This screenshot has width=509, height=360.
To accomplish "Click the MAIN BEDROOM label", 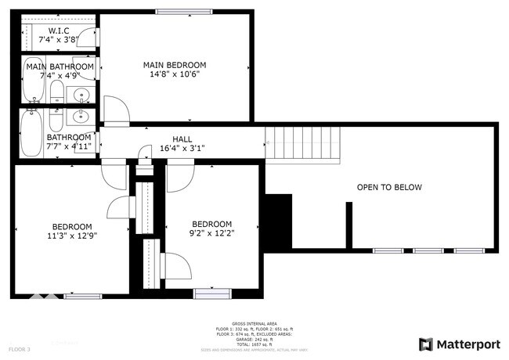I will [x=174, y=65].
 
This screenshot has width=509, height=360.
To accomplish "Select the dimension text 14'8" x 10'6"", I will [x=174, y=75].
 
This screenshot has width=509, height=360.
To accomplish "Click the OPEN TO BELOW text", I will [x=389, y=187].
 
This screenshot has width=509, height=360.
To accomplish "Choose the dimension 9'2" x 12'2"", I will [x=212, y=232].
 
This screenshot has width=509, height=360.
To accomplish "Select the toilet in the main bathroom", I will [x=56, y=94].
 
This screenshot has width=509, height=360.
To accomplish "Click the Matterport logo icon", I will [x=426, y=344].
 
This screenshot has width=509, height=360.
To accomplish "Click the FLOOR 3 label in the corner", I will [x=20, y=348].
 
